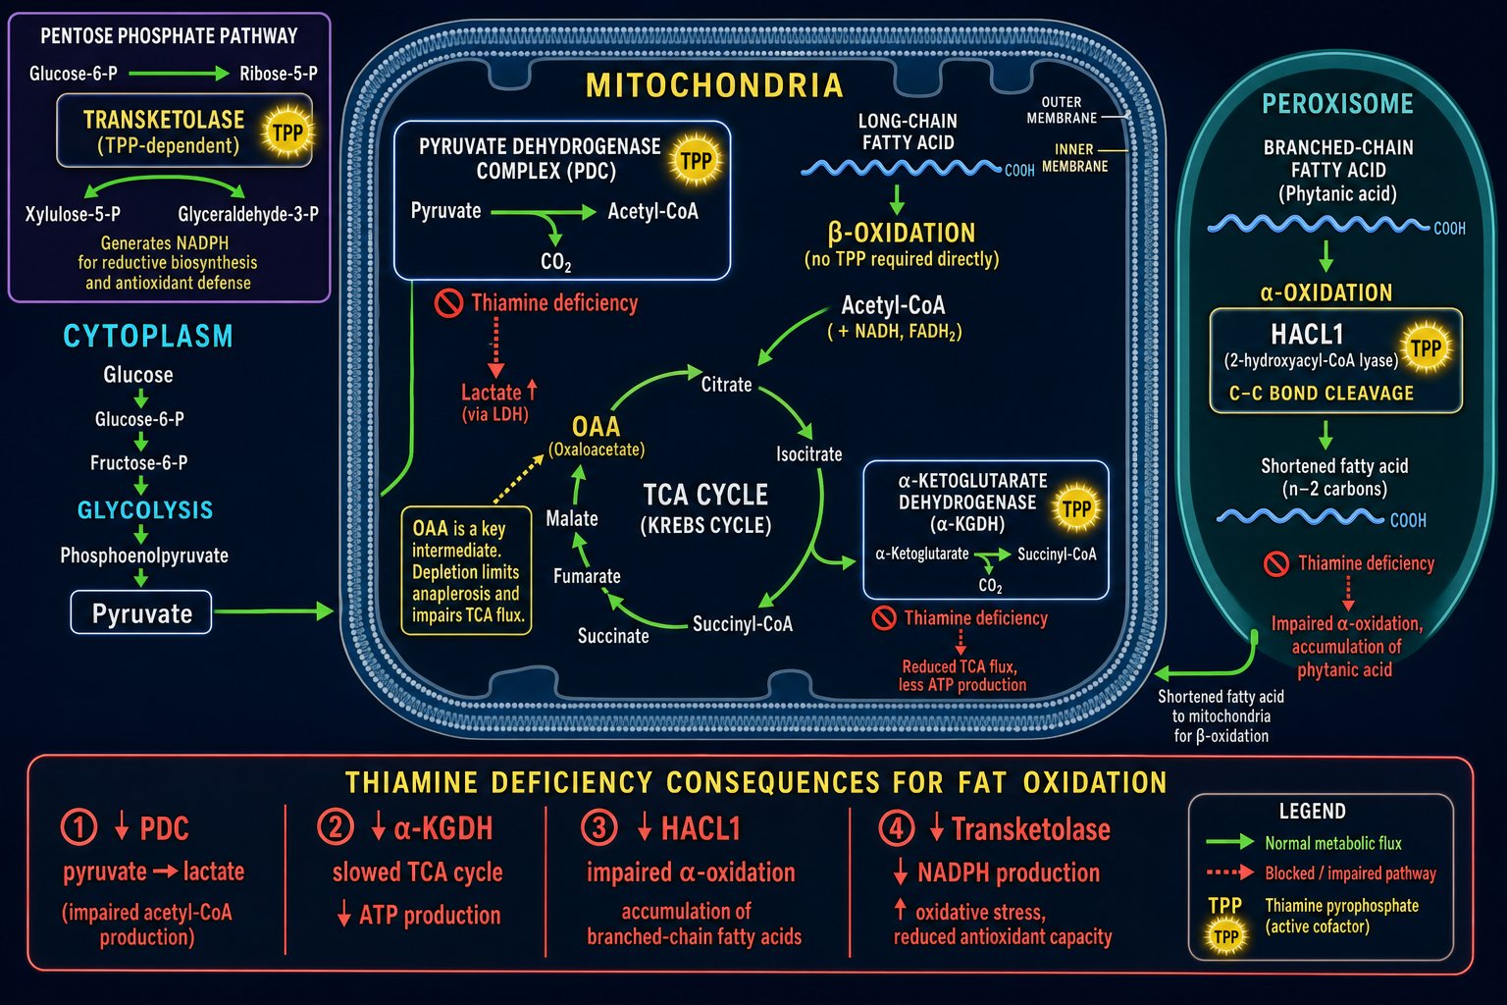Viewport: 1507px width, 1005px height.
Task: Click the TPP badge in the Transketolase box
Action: [287, 132]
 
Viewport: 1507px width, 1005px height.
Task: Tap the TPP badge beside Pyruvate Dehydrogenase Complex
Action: [696, 160]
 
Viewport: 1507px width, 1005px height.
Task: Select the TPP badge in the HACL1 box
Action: [1427, 348]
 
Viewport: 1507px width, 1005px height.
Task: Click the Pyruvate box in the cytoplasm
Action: [141, 612]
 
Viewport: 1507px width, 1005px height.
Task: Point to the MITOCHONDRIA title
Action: [714, 85]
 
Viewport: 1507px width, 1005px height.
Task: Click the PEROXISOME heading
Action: [1337, 104]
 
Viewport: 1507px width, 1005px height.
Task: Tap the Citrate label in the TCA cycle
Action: [727, 385]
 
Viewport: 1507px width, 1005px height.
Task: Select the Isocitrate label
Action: [808, 454]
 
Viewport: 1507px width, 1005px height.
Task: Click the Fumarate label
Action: [587, 576]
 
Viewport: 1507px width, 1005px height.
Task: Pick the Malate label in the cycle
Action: [572, 518]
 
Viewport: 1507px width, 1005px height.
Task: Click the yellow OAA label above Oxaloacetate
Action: [597, 426]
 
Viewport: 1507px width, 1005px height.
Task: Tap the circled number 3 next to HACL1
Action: [598, 828]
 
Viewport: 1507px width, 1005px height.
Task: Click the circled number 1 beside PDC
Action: [79, 827]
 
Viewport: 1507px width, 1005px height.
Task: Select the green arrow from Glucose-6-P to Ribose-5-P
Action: [179, 74]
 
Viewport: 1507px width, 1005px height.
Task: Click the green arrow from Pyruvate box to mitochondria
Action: [274, 611]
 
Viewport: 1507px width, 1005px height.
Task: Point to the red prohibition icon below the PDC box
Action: [448, 303]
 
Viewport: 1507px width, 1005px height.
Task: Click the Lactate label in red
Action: [492, 393]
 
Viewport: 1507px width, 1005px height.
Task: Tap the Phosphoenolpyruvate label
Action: [144, 555]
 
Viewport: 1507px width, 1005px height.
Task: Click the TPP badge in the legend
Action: [1225, 936]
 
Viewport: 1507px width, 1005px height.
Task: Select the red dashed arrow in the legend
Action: [1230, 873]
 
